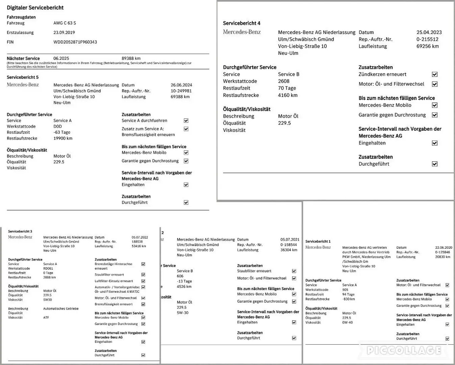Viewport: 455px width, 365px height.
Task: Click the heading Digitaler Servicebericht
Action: pos(35,7)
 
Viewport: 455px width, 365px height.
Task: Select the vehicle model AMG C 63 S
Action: pos(65,23)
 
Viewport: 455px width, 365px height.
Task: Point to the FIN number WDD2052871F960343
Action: pos(75,42)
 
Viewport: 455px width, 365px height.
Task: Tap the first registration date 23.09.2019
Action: pos(64,32)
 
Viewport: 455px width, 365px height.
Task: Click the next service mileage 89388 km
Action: pos(131,58)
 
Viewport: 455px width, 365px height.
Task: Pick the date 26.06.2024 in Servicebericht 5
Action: pos(181,85)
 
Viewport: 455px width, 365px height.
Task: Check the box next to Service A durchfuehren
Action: pos(186,121)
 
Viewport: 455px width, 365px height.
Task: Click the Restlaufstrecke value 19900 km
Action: pos(63,138)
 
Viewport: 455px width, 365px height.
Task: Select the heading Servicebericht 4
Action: pos(242,23)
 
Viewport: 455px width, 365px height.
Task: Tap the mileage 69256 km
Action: pos(428,46)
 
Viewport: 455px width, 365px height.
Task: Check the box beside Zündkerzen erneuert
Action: pos(435,74)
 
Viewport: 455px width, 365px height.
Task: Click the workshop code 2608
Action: pos(284,81)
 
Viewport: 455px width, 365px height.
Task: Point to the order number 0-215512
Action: pos(427,39)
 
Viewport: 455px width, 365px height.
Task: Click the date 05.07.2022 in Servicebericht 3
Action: pos(140,237)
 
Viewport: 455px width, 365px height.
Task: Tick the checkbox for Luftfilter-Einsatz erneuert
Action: pos(143,281)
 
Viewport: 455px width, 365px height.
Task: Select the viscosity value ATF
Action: pos(46,317)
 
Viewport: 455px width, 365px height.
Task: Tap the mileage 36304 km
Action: pos(289,250)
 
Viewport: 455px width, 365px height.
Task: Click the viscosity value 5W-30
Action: pos(183,313)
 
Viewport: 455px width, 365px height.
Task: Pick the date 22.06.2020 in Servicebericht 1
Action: pos(444,248)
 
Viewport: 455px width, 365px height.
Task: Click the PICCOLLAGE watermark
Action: pos(404,350)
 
